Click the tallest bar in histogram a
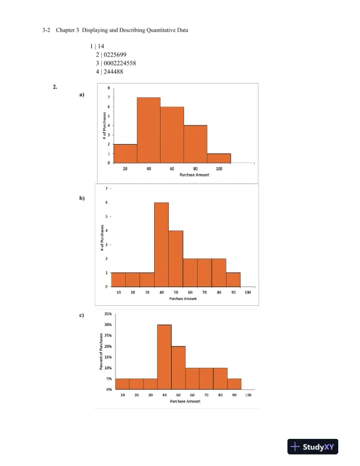[149, 131]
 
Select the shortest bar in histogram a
[219, 158]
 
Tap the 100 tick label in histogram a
[219, 169]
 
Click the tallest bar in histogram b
[161, 244]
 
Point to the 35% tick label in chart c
[108, 314]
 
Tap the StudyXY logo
[316, 447]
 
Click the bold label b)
[82, 198]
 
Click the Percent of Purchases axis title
[101, 352]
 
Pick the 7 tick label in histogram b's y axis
[106, 189]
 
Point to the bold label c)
[81, 315]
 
